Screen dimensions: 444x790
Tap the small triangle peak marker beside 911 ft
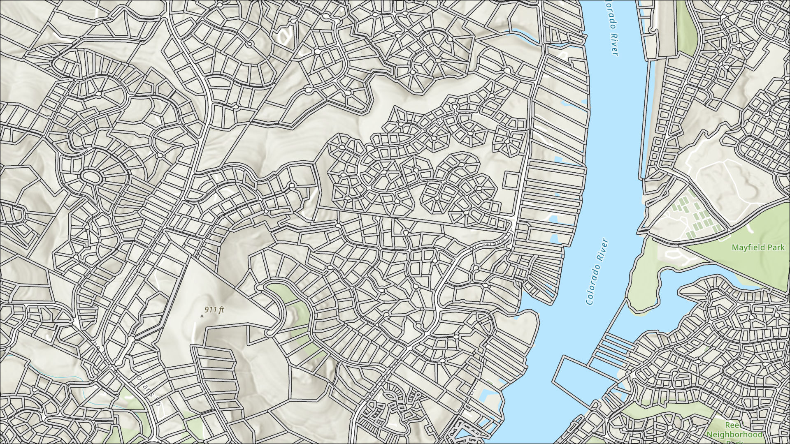(x=202, y=316)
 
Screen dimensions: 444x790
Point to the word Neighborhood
(x=734, y=435)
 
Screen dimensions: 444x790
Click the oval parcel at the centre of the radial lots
(x=91, y=177)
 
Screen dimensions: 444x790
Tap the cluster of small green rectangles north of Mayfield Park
(x=695, y=216)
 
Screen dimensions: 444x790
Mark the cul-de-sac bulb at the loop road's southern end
(x=270, y=332)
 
